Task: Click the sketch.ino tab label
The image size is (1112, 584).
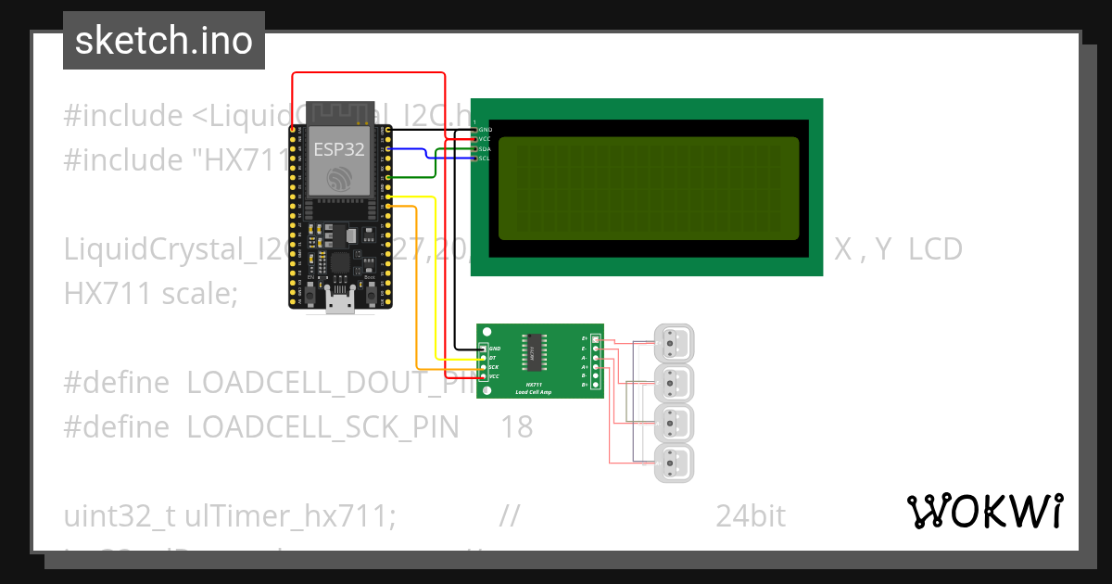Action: (x=163, y=41)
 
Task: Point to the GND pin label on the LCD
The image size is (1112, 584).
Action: (x=484, y=130)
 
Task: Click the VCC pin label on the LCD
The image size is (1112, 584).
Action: (x=484, y=139)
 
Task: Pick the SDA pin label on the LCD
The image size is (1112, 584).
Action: (x=484, y=148)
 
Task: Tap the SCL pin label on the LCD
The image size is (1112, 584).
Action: (x=484, y=159)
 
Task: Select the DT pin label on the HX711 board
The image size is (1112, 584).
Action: (x=493, y=358)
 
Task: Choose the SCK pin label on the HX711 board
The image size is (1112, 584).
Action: (x=494, y=367)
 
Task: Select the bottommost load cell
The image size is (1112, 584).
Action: (x=674, y=462)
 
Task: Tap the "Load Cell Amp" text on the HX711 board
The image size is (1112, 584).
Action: (x=535, y=392)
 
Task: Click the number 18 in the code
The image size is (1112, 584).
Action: (x=517, y=427)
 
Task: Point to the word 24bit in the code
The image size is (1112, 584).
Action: (x=751, y=516)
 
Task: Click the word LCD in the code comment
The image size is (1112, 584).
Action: (x=935, y=249)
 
